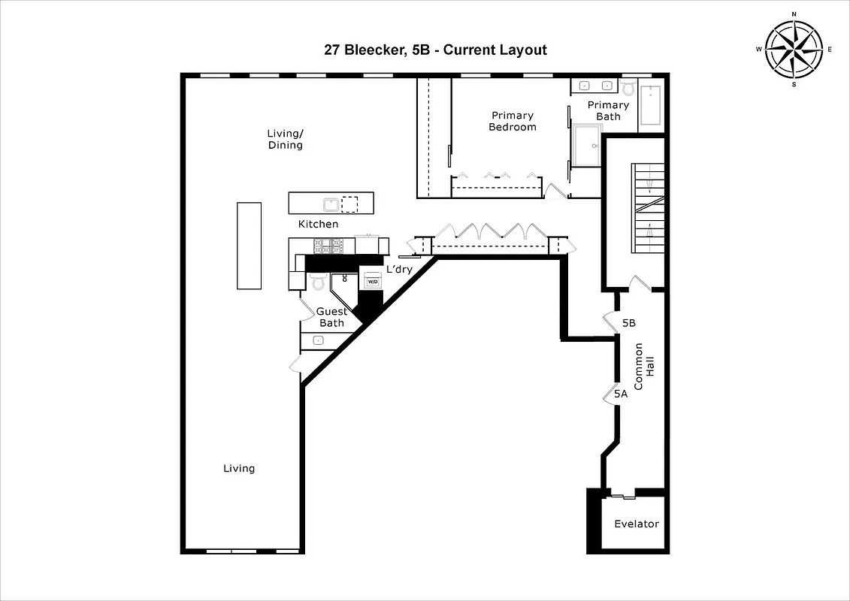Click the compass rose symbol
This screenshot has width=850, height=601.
pos(794,49)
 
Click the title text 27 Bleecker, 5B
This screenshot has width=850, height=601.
pos(434,50)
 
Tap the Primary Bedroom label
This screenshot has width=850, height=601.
pos(513,121)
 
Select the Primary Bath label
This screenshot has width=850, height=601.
pos(608,110)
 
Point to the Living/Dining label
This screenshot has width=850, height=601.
pos(285,139)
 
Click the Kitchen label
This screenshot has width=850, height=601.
pos(318,224)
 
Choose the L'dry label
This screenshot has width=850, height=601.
pos(400,269)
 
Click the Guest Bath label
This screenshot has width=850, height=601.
pos(331,317)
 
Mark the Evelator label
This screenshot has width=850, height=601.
pos(637,524)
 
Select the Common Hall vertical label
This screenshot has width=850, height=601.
pos(644,366)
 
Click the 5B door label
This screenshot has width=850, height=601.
pos(630,323)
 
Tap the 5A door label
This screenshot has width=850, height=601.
pos(620,393)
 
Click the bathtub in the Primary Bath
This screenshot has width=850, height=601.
pos(652,107)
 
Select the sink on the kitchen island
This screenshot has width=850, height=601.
pos(330,204)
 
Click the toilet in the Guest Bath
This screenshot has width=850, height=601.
pos(317,281)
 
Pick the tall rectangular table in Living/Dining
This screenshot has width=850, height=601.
pos(249,245)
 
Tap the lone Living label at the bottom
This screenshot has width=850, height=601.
pos(239,468)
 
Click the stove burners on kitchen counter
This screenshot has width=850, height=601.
pos(328,245)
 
